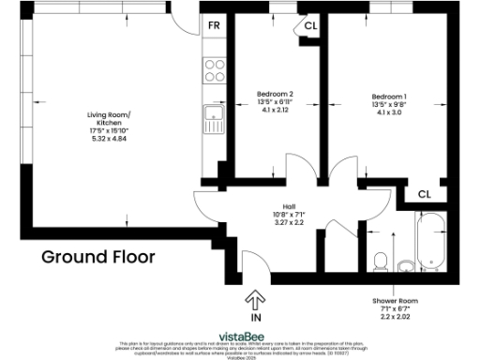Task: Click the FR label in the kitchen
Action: (215, 25)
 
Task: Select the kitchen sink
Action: (215, 120)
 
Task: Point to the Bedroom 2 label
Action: (276, 94)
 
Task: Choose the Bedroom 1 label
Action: (389, 97)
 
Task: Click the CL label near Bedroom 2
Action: (310, 26)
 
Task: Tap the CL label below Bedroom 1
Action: (424, 194)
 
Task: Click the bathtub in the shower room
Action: (432, 241)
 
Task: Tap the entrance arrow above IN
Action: (253, 299)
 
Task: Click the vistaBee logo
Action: (240, 336)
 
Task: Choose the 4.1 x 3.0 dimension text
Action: (389, 112)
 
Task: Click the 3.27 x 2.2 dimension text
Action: (291, 223)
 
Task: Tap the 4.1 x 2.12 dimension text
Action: (276, 109)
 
